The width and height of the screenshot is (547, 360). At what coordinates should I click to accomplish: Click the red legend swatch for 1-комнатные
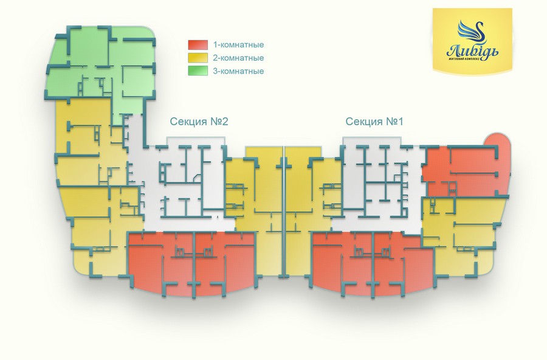[198, 45]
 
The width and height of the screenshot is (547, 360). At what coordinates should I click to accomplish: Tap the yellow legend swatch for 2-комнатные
[198, 58]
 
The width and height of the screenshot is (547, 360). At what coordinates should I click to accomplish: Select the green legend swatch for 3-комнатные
[198, 72]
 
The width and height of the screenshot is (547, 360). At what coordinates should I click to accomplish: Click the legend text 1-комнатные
[238, 45]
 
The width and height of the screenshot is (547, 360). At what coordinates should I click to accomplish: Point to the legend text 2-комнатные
[238, 58]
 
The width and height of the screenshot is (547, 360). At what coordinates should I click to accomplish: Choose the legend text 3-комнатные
[238, 72]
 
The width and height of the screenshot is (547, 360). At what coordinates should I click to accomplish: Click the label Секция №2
[198, 122]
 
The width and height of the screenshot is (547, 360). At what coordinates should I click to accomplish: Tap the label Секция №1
[374, 122]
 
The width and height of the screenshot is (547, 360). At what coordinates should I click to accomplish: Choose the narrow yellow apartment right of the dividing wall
[302, 195]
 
